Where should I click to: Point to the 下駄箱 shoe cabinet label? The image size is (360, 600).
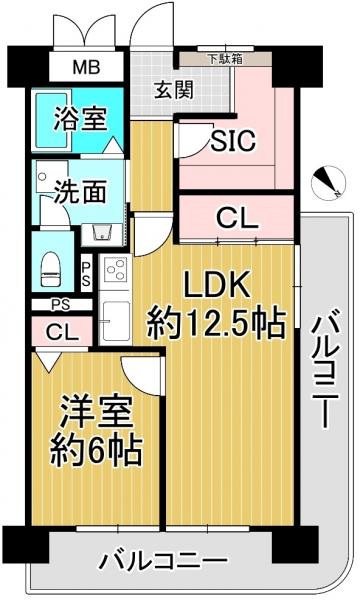tap(224, 58)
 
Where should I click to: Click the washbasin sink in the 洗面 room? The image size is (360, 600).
tap(101, 231)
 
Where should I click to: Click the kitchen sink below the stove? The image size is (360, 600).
tap(112, 319)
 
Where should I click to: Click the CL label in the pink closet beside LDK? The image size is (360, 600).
tap(239, 216)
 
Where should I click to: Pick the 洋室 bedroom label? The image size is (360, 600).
tap(89, 409)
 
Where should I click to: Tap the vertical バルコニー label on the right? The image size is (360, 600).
tap(325, 371)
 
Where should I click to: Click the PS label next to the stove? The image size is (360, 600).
tap(86, 272)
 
